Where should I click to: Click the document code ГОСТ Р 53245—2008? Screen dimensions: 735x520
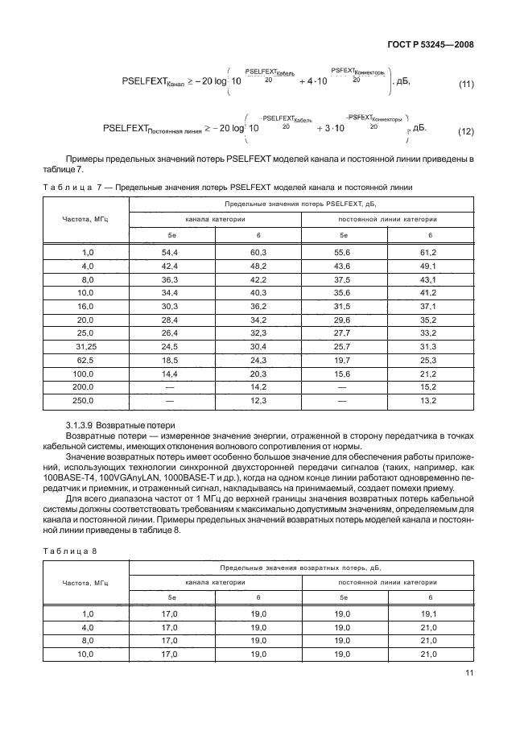tap(435, 43)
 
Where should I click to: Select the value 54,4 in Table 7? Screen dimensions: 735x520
tap(170, 252)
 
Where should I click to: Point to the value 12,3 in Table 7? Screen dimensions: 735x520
tap(257, 400)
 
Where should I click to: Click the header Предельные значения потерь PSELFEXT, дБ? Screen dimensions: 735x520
tap(300, 205)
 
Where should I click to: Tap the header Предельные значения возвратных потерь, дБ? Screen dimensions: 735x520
tap(300, 568)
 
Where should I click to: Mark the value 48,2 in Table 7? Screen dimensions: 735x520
tap(257, 266)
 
